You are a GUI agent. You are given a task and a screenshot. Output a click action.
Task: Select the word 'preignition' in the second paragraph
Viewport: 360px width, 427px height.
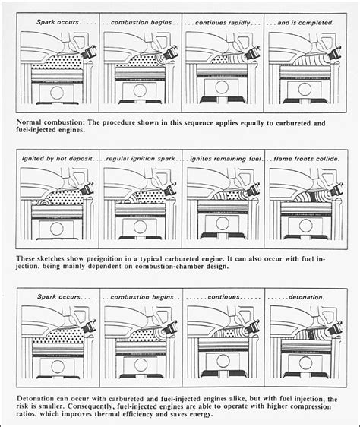[x=115, y=259]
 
